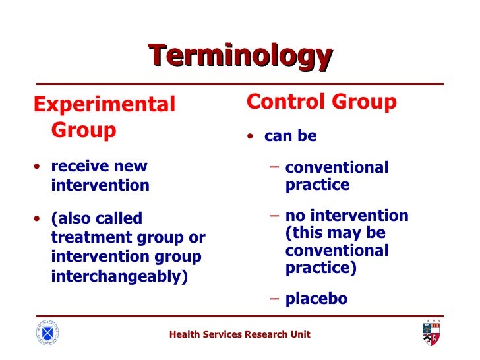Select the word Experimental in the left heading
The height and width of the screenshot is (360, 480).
(x=105, y=105)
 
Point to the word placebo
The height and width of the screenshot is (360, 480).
(x=316, y=299)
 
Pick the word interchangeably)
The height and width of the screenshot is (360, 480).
(x=119, y=276)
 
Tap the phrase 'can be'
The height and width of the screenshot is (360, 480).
(x=291, y=136)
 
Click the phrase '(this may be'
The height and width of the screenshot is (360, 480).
(x=336, y=233)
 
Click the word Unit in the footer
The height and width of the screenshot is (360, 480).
(x=300, y=335)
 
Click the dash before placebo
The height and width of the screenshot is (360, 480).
(x=276, y=298)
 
